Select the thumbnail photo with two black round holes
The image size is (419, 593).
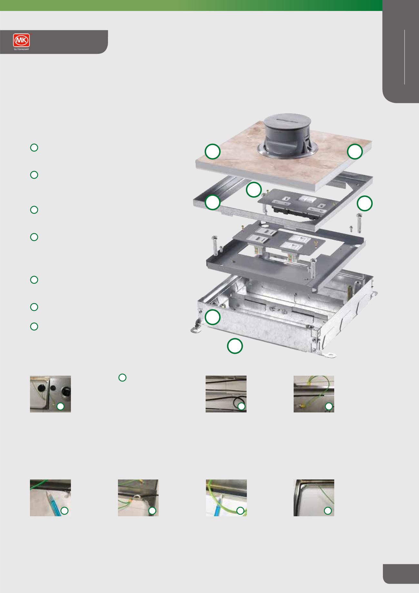[x=50, y=394]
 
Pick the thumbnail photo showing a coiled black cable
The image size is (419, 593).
[x=226, y=394]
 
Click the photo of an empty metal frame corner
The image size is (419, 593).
[x=314, y=498]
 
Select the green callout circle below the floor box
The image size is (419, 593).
[x=235, y=346]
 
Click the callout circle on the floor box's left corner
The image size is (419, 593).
[x=213, y=317]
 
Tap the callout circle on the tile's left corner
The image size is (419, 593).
[x=213, y=152]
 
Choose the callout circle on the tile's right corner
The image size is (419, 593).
[x=355, y=152]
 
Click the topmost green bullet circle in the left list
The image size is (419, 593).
[x=34, y=148]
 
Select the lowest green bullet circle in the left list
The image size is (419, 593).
[x=34, y=326]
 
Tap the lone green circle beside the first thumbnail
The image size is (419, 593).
[x=122, y=378]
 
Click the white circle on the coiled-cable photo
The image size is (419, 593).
[x=241, y=407]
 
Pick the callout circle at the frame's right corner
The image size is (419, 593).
[x=365, y=203]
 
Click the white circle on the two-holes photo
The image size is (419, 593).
[x=60, y=407]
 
